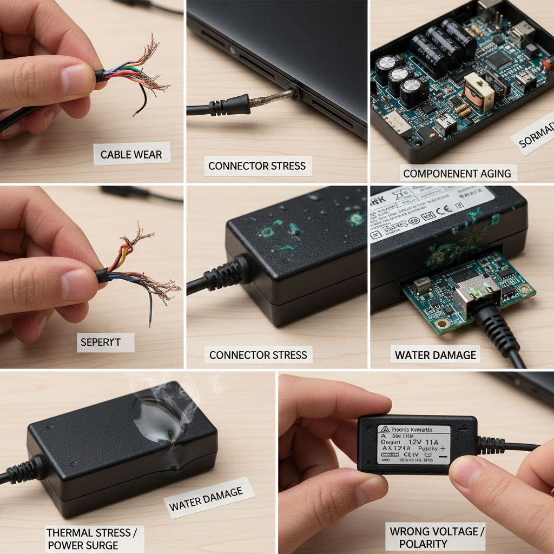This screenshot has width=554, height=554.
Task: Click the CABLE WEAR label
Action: coord(131,154)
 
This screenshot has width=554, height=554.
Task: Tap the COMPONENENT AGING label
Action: coord(457,173)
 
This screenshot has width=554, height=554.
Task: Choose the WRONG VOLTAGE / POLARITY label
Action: coord(437,537)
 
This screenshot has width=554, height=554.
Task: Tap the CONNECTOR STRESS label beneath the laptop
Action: coord(257,166)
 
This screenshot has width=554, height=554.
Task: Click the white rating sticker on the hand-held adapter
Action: coord(414,444)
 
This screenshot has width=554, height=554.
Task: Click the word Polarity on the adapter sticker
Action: coord(428,449)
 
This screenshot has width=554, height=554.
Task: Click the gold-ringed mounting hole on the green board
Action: coord(443,324)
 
